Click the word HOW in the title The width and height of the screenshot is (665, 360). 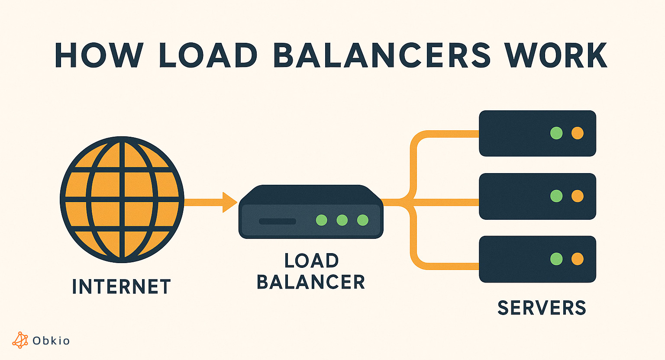point(99,55)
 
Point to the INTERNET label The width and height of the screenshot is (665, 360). point(122,287)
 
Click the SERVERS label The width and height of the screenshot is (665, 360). point(542,308)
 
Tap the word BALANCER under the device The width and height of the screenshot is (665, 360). point(311,282)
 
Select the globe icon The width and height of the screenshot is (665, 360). point(122,199)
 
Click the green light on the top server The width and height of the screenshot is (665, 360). point(556,133)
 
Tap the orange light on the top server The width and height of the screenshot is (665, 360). point(577,133)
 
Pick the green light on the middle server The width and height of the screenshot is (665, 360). point(556,196)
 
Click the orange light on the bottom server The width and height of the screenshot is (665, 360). point(577,259)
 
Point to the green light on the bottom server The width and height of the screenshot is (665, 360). point(556,259)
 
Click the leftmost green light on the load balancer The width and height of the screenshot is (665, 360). point(321,220)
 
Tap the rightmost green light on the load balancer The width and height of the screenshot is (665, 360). point(362,220)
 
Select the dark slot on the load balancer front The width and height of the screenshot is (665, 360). point(277,221)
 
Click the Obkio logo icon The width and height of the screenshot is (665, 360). point(20,340)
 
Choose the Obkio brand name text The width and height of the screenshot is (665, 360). point(51,341)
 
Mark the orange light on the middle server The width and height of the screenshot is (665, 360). point(577,196)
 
